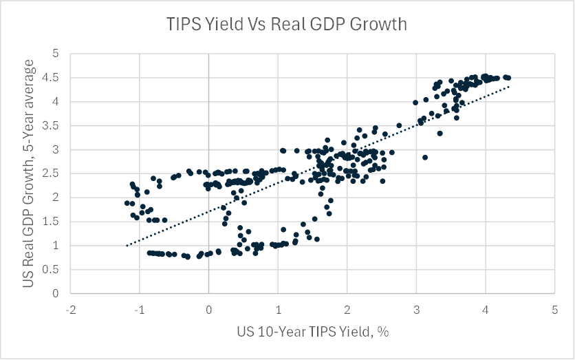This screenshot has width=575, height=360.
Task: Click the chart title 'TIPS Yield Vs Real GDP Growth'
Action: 287,25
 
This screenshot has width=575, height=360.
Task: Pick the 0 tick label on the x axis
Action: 208,310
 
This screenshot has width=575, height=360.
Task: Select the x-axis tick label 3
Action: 416,310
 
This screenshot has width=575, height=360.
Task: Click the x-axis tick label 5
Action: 554,310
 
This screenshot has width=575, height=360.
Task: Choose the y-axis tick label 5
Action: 57,54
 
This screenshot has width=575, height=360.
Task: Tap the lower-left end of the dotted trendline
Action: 127,245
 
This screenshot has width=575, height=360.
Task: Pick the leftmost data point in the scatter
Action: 127,203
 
